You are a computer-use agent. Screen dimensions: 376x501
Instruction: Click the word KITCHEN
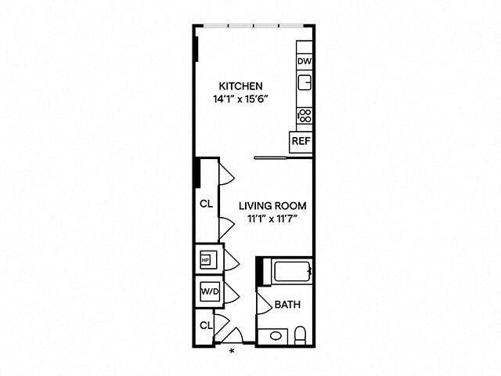240,86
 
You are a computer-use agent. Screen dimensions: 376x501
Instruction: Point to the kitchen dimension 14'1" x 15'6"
240,99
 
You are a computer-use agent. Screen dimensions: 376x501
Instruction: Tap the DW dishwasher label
304,61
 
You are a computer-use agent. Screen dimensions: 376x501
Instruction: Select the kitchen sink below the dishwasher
305,82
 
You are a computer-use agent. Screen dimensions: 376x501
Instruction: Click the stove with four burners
305,116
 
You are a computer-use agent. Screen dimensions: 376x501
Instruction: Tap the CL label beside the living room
206,204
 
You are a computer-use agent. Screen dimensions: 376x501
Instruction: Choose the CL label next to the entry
205,324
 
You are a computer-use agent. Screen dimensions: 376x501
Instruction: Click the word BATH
284,304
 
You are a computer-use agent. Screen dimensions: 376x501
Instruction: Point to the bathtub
291,273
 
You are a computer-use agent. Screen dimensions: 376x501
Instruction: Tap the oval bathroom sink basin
275,337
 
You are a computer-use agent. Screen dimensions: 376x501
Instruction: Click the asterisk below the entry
232,352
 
